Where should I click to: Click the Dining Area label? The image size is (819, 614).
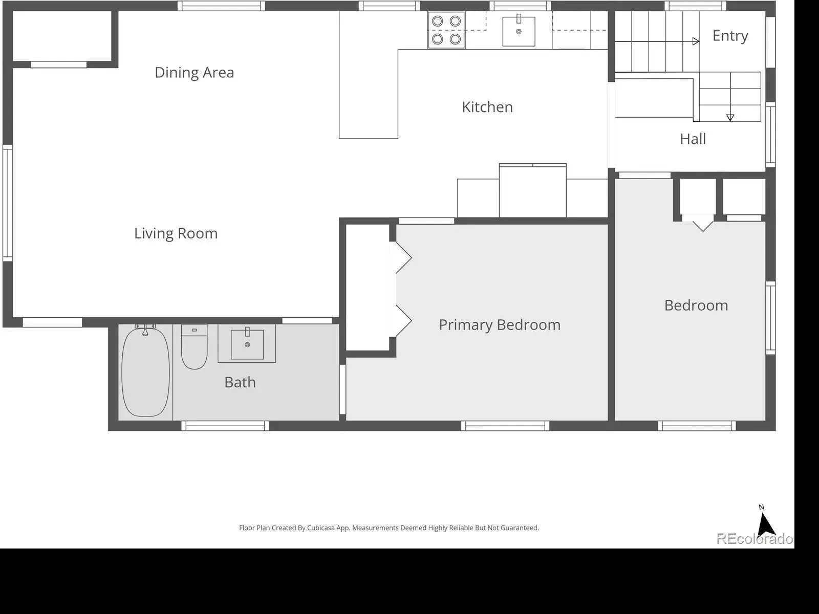[195, 72]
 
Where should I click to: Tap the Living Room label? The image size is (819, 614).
[176, 233]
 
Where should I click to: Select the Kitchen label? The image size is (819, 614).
[487, 107]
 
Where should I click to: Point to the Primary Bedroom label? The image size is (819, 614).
[500, 325]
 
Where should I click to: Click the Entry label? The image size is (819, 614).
[730, 36]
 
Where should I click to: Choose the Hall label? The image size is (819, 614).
[693, 139]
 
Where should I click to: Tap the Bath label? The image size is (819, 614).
[240, 383]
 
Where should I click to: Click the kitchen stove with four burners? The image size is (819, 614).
[446, 30]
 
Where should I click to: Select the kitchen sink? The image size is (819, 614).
[519, 31]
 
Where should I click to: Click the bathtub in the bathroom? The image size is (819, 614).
[145, 371]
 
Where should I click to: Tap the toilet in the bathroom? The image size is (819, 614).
[194, 347]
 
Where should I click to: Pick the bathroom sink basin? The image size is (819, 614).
[247, 344]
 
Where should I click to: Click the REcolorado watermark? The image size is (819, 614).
[755, 539]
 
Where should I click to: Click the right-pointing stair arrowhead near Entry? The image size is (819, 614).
[696, 41]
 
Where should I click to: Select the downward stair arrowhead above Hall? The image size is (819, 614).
[730, 118]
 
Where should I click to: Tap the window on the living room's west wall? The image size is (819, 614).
[8, 203]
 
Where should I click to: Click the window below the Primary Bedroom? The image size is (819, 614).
[505, 426]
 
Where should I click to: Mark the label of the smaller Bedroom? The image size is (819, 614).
[696, 305]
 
